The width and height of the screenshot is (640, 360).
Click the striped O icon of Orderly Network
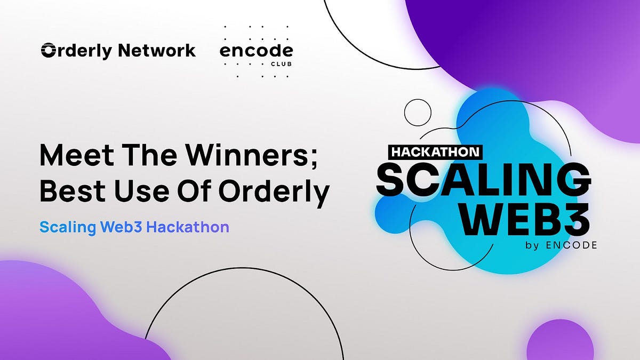coord(49,51)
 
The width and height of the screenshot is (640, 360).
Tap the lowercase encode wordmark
coord(256,52)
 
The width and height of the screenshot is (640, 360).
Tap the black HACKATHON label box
coord(436,152)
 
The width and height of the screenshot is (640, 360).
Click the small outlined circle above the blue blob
coord(418,112)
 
